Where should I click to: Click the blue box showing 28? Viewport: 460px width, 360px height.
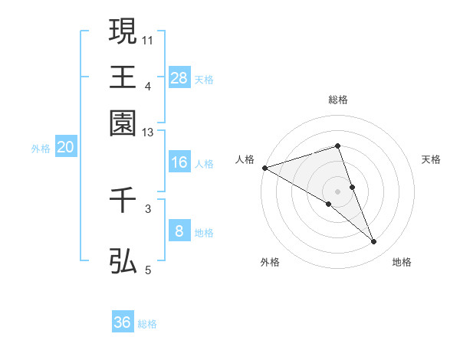click(x=179, y=78)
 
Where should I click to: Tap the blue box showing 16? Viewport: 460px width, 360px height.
click(x=179, y=162)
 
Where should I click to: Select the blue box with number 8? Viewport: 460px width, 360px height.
click(x=179, y=231)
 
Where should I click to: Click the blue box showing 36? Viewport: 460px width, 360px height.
click(x=123, y=322)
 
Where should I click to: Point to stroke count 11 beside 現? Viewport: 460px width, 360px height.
click(x=149, y=38)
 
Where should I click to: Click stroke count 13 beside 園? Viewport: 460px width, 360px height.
click(x=148, y=133)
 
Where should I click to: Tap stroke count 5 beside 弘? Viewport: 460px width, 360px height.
click(x=149, y=270)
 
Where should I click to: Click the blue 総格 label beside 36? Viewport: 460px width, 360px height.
click(x=147, y=324)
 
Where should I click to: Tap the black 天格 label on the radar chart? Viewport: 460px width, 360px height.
click(x=432, y=159)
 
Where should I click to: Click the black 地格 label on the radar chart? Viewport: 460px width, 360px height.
click(x=402, y=262)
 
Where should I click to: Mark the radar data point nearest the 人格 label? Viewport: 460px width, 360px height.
click(x=264, y=167)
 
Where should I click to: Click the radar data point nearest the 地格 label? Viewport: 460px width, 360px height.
click(x=374, y=242)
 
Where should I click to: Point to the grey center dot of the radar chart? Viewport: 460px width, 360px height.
click(x=337, y=191)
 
